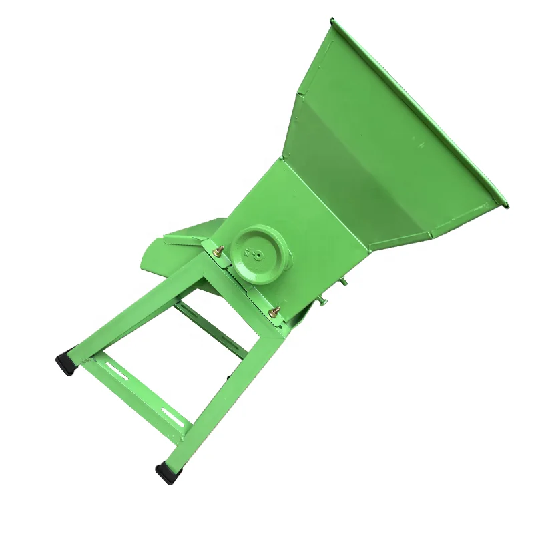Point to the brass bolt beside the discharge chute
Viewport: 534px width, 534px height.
217,251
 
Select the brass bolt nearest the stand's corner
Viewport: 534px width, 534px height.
272,312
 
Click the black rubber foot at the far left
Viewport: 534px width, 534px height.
65,362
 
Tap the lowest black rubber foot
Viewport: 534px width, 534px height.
168,473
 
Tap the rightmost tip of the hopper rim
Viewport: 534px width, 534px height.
507,205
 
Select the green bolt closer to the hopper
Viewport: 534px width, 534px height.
343,282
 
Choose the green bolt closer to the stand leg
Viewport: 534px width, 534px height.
321,302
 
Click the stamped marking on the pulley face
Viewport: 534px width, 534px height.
252,252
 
